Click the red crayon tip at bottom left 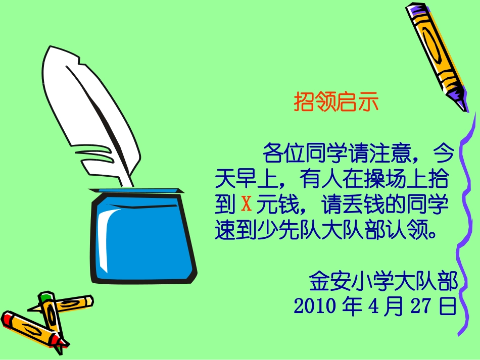(x=8, y=319)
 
